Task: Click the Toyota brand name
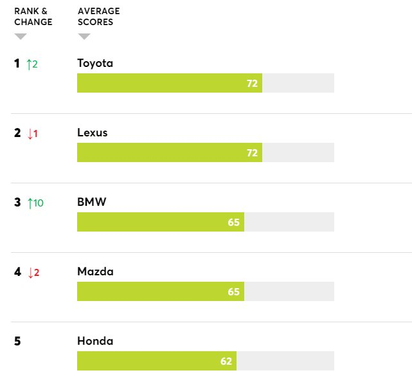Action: (95, 63)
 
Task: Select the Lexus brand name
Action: (93, 133)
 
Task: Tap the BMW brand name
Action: (92, 202)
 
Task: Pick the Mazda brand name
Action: (95, 271)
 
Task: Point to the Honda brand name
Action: (95, 341)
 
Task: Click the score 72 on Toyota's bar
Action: (252, 84)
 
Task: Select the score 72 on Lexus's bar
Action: (252, 153)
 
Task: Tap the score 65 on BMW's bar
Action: (233, 223)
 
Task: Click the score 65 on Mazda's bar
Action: (233, 292)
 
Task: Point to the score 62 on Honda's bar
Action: (226, 361)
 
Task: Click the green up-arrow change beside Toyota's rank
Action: (33, 64)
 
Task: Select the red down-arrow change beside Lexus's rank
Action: (33, 133)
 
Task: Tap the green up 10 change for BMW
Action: (35, 203)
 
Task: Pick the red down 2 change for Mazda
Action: (33, 272)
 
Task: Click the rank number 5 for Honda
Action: (17, 341)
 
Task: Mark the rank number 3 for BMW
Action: (17, 202)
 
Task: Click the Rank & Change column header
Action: (33, 17)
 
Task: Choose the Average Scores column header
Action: (98, 17)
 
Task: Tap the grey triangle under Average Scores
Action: (84, 36)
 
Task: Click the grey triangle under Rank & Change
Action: (21, 36)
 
